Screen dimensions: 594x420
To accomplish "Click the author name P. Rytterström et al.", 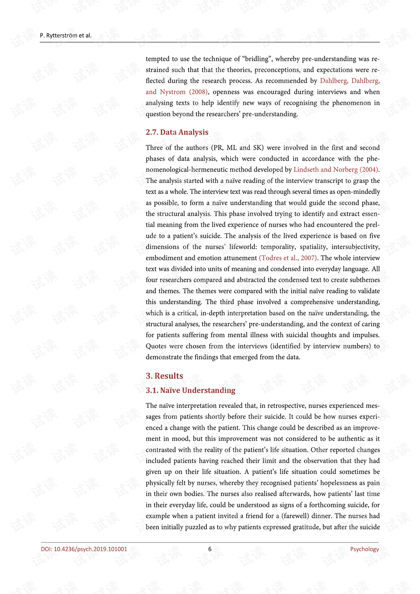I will pyautogui.click(x=66, y=35).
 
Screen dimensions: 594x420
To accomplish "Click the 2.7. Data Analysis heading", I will pyautogui.click(x=177, y=132).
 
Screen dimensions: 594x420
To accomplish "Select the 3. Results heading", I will pyautogui.click(x=164, y=376).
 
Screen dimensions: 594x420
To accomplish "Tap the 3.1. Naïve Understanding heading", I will pyautogui.click(x=190, y=390).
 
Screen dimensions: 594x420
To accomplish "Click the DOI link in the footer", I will pyautogui.click(x=84, y=549).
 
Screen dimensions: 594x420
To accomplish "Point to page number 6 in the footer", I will pyautogui.click(x=210, y=549).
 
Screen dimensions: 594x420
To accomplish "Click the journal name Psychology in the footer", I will pyautogui.click(x=364, y=549).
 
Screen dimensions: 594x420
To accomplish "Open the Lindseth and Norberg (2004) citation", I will pyautogui.click(x=336, y=170).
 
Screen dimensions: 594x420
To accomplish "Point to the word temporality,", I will pyautogui.click(x=278, y=247).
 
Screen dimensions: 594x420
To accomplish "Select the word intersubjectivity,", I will pyautogui.click(x=355, y=247).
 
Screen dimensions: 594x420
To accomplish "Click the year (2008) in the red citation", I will pyautogui.click(x=198, y=92).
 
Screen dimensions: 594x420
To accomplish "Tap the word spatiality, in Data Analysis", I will pyautogui.click(x=313, y=247).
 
